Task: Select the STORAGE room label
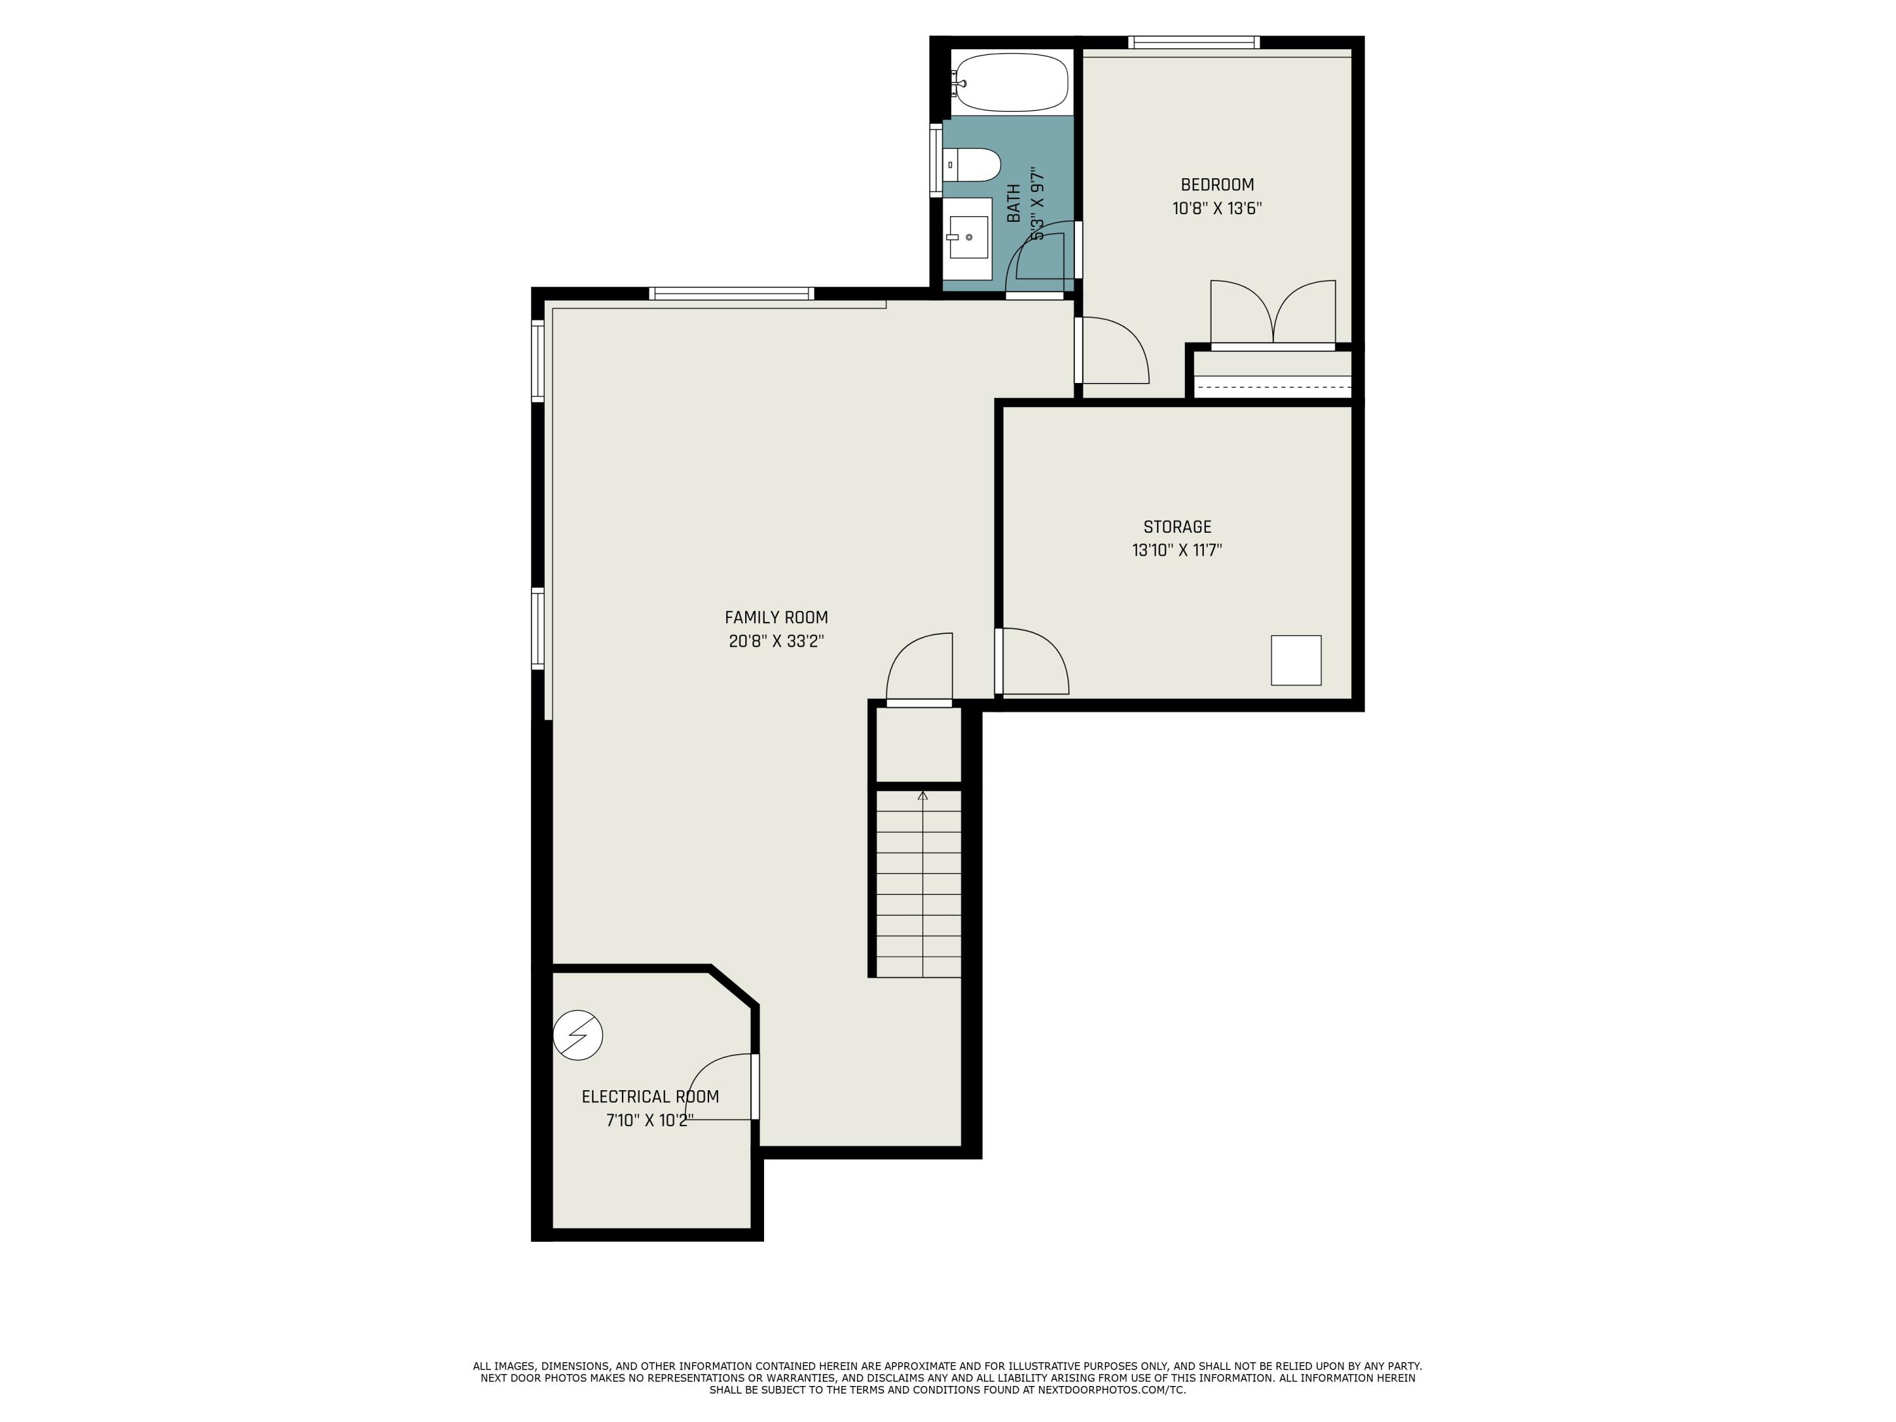coord(1177,527)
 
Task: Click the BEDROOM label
coord(1217,185)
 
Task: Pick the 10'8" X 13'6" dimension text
coord(1217,209)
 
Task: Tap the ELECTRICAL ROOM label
coord(650,1097)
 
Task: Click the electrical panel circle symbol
coord(578,1035)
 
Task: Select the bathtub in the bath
coord(1011,82)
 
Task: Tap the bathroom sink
coord(969,236)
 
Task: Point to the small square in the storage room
coord(1295,660)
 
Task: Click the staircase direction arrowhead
coord(922,796)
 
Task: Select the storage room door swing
coord(1035,662)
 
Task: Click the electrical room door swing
coord(720,1087)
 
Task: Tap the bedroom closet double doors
coord(1273,313)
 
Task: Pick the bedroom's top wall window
coord(1193,42)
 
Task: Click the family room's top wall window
coord(731,294)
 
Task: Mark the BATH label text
coord(1014,203)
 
